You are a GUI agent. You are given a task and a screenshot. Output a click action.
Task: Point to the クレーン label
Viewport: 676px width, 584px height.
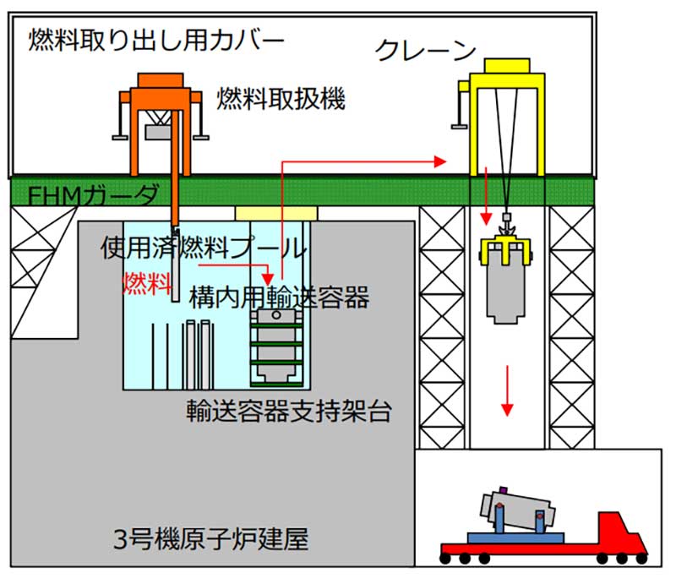tap(426, 52)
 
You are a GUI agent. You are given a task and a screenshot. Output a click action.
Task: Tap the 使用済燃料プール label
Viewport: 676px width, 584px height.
tap(203, 248)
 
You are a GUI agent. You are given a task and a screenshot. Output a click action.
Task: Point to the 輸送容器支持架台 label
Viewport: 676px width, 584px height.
tap(288, 412)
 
